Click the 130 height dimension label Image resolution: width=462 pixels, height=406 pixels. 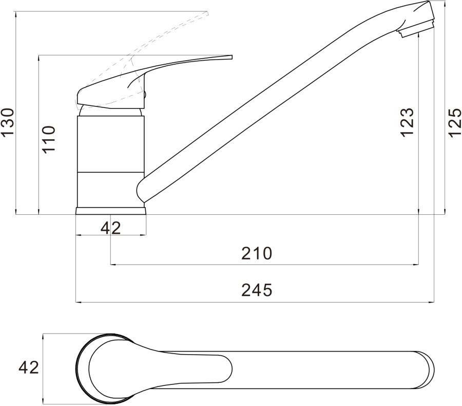[x=7, y=123]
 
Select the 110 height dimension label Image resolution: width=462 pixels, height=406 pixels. [x=49, y=139]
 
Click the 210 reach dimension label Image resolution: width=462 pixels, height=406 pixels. [x=257, y=253]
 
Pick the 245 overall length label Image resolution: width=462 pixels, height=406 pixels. [x=257, y=290]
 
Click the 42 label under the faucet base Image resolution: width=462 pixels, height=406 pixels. [x=111, y=228]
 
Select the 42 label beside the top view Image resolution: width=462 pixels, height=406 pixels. [x=29, y=367]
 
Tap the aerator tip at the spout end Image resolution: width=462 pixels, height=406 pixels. [x=416, y=29]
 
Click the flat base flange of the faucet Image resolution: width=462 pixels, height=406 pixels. [x=111, y=211]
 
